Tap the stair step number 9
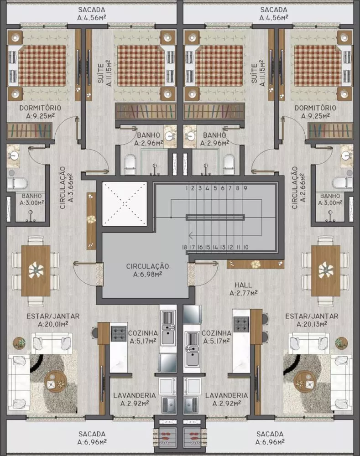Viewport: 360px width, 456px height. pos(245,187)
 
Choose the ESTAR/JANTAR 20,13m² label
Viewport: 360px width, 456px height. pos(312,320)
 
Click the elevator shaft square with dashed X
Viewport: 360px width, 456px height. pos(125,204)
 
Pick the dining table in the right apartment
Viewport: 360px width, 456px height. pos(325,270)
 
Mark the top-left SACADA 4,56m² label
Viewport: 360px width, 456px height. pos(92,14)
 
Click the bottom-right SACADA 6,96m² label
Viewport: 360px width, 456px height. pos(270,437)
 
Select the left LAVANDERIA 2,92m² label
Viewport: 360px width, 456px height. pos(135,399)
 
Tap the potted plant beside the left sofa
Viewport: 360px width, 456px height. pos(20,343)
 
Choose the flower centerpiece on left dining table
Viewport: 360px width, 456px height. pos(36,270)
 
